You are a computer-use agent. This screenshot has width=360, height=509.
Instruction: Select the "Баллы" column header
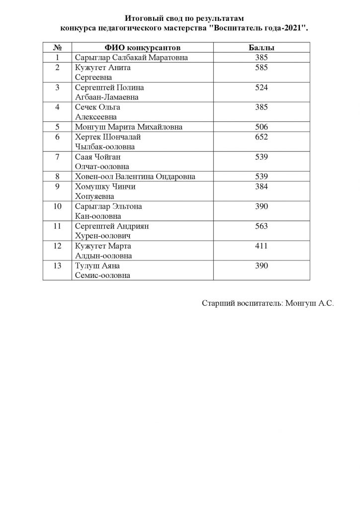[x=262, y=48]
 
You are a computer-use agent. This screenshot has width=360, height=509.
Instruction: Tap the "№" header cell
[x=57, y=48]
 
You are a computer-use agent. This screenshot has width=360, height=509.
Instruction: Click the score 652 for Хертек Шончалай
[x=262, y=137]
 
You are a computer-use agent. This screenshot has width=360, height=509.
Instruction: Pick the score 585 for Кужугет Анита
[x=262, y=68]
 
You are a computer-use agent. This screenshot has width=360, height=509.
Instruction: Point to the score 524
[x=262, y=87]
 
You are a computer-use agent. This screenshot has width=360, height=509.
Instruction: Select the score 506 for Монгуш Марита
[x=262, y=127]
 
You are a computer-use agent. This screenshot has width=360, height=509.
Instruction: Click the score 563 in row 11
[x=262, y=226]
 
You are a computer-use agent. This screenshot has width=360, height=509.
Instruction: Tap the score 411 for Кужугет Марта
[x=262, y=246]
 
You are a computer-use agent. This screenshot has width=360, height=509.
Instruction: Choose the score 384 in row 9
[x=262, y=186]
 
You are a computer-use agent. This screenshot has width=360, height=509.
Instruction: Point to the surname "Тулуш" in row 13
[x=87, y=266]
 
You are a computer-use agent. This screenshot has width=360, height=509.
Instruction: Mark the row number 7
[x=57, y=157]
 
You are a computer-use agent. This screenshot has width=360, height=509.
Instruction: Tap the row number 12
[x=57, y=246]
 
